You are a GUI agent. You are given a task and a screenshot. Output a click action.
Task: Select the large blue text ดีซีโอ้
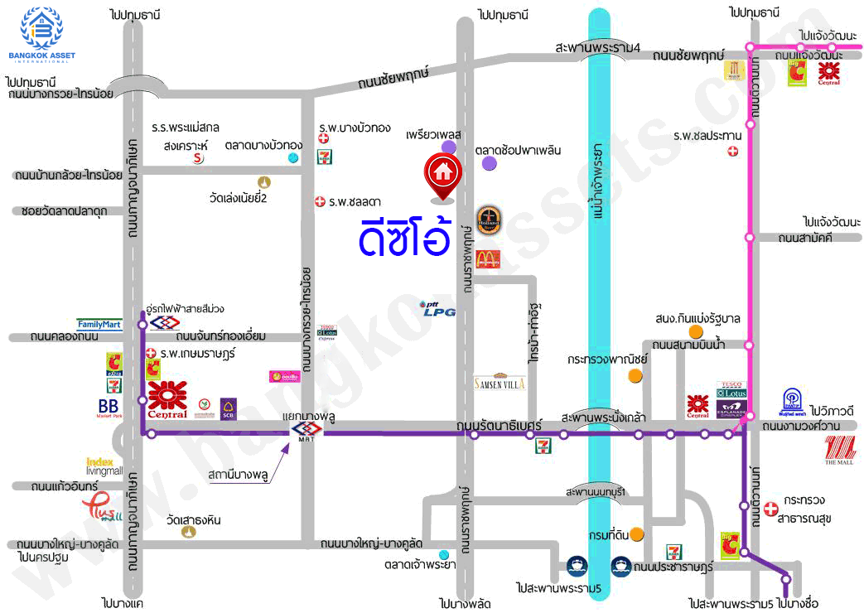(x=405, y=236)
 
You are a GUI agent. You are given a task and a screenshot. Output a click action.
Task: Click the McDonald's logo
(x=488, y=258)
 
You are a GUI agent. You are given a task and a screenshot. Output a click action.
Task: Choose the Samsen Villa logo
(x=500, y=383)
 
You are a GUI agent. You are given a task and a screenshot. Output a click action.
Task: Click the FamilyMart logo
(x=99, y=324)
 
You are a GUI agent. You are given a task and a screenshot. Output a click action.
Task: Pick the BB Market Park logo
(x=108, y=408)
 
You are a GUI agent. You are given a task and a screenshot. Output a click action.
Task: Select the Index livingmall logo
(x=104, y=466)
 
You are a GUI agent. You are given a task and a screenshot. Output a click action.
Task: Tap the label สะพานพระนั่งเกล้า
(x=603, y=416)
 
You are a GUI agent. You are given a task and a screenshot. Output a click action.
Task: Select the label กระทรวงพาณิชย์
(x=607, y=360)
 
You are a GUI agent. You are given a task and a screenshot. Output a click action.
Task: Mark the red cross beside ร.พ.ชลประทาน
(x=732, y=151)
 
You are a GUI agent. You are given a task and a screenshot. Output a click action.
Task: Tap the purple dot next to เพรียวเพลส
(x=448, y=147)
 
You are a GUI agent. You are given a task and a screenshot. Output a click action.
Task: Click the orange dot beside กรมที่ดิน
(x=636, y=534)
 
